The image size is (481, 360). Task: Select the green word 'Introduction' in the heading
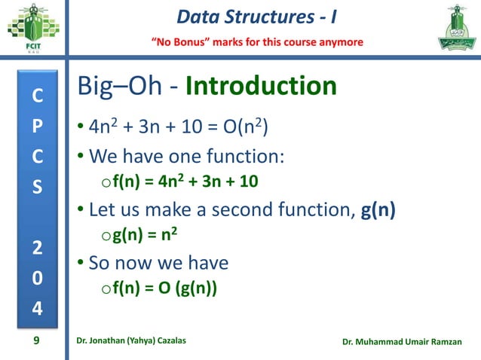(261, 87)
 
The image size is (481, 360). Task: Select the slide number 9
(36, 342)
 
